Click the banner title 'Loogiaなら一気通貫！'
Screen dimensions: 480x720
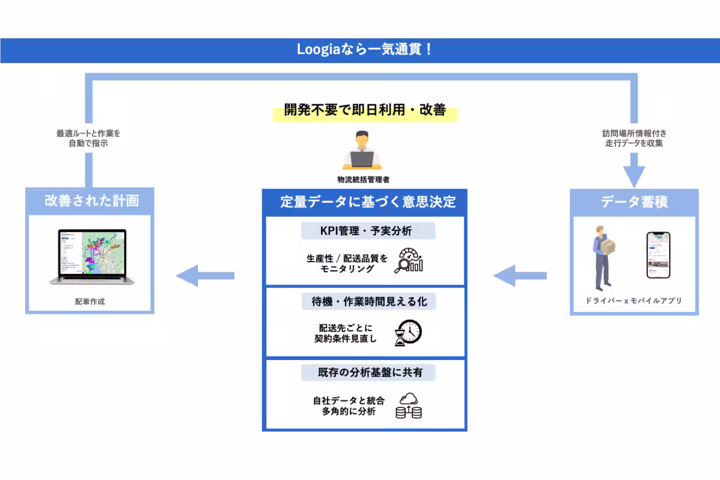pyautogui.click(x=364, y=50)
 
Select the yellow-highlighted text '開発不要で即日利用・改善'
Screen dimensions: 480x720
pyautogui.click(x=364, y=111)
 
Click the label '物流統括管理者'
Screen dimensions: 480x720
pyautogui.click(x=364, y=179)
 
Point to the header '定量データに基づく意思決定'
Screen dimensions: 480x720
pyautogui.click(x=364, y=202)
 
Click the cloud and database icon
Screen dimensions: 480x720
pyautogui.click(x=409, y=405)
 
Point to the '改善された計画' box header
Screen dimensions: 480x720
pyautogui.click(x=91, y=200)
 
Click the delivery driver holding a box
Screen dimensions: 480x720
pyautogui.click(x=603, y=257)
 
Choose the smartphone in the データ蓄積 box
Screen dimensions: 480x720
pyautogui.click(x=658, y=256)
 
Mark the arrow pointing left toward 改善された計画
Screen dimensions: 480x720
pyautogui.click(x=204, y=275)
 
